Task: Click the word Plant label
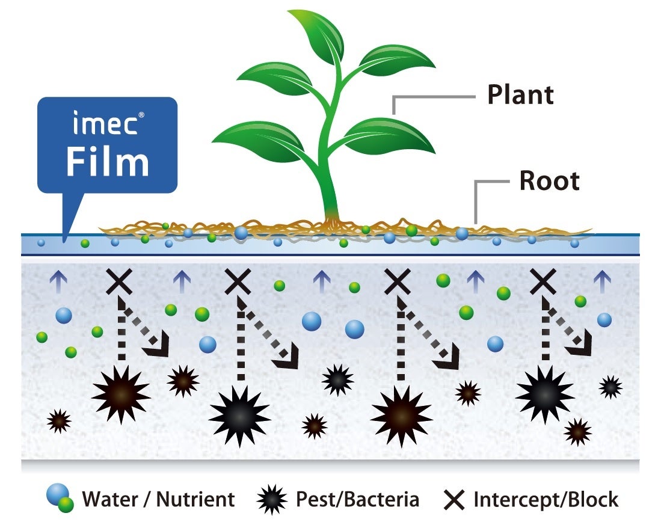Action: click(520, 95)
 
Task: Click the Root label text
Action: click(549, 181)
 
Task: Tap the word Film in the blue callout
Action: click(107, 162)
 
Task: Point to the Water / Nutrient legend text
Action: click(158, 499)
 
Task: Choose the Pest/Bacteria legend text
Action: click(357, 499)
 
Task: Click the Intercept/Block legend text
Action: click(546, 499)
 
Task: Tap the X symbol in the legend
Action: click(454, 500)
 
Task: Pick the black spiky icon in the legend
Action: click(271, 500)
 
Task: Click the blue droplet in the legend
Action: click(56, 494)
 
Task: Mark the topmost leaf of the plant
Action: click(316, 36)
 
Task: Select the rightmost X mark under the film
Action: click(543, 281)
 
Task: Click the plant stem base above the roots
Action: click(332, 213)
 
